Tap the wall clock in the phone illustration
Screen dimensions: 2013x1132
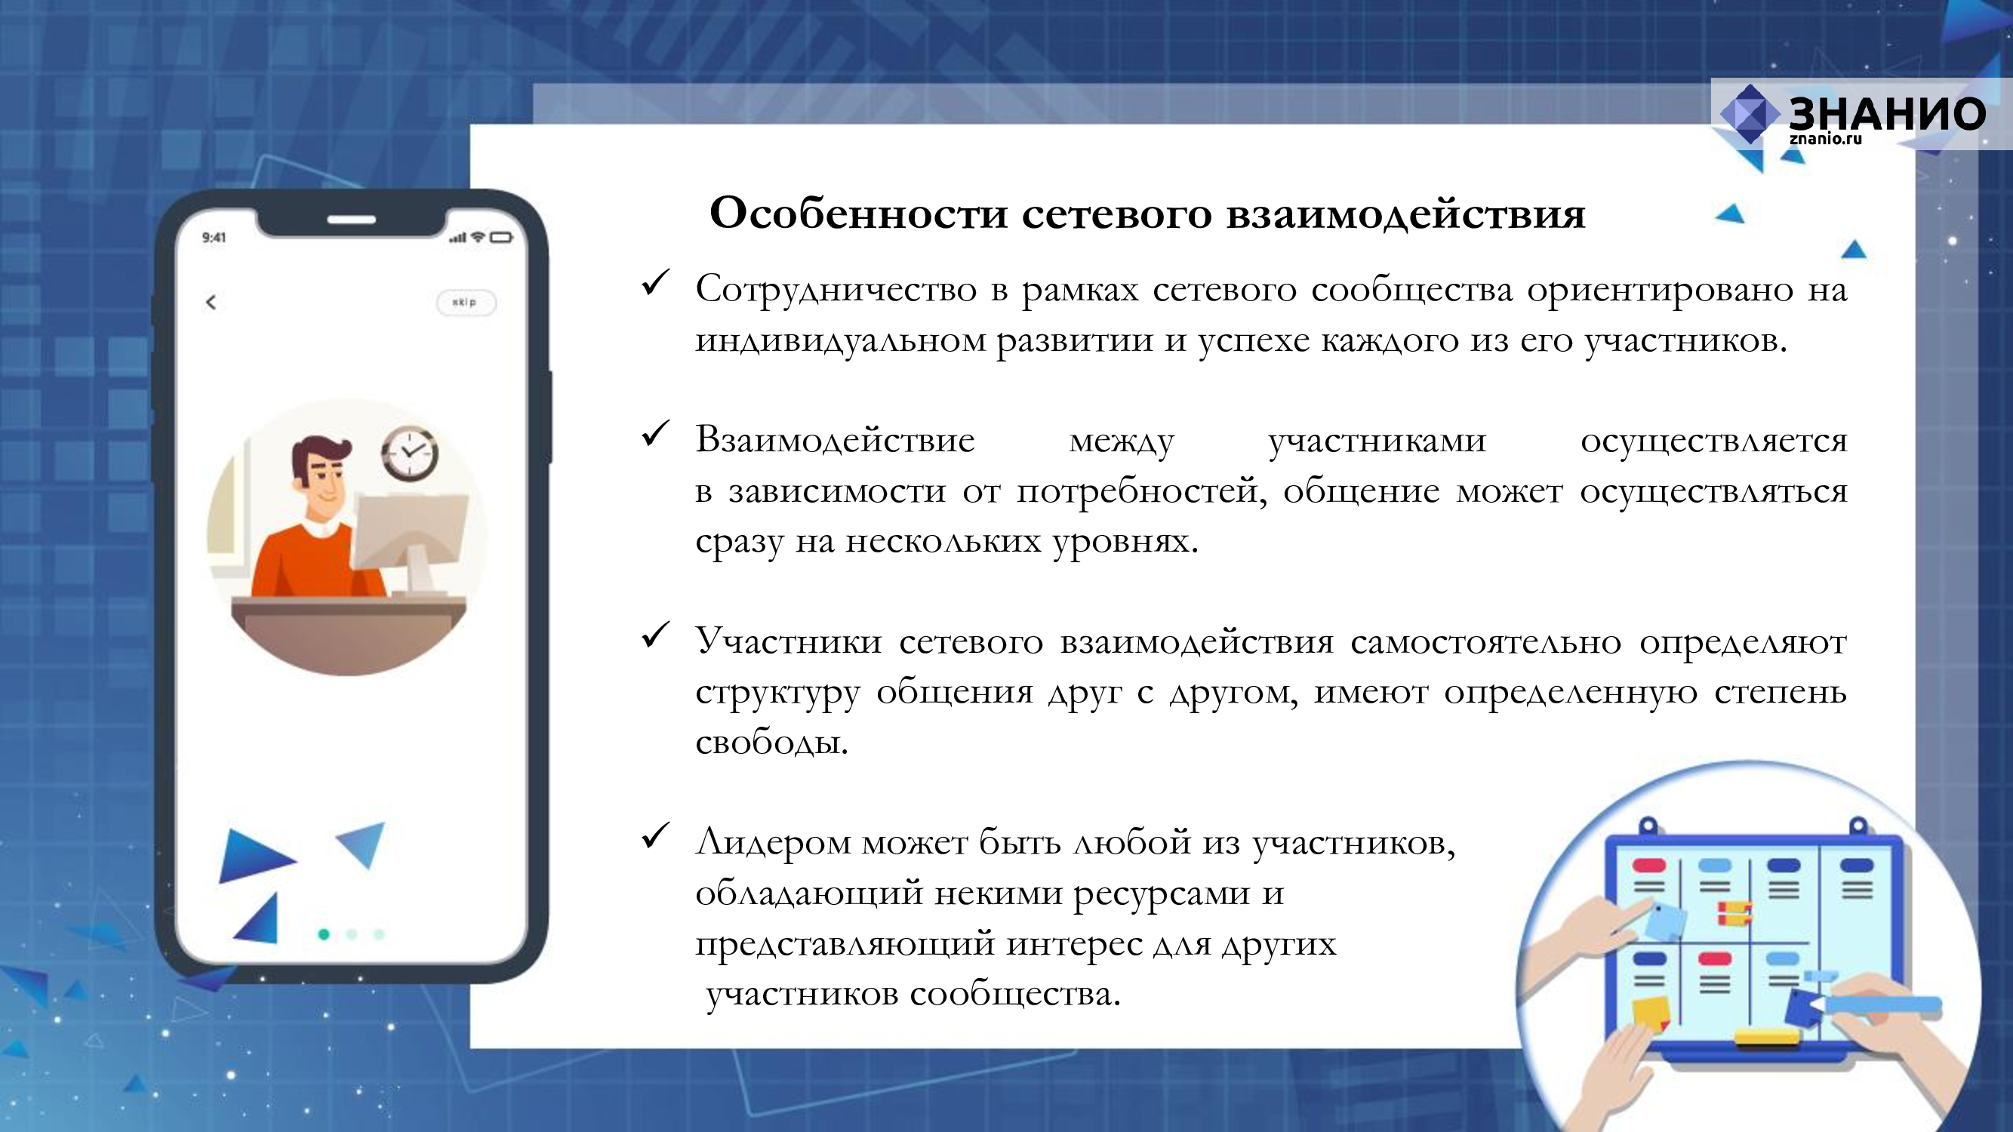(410, 453)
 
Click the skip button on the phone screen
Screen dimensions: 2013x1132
(466, 303)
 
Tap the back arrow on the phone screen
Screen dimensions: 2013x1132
(211, 303)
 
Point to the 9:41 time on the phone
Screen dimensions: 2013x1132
(214, 238)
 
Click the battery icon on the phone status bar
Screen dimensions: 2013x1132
(502, 238)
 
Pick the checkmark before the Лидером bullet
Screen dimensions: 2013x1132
(655, 835)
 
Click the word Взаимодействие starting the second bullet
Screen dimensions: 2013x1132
(835, 440)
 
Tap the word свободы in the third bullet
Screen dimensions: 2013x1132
(771, 741)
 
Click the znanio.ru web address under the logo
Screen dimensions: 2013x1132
(1826, 139)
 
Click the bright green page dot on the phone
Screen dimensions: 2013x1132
(324, 934)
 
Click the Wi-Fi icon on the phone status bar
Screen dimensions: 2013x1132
(478, 237)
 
